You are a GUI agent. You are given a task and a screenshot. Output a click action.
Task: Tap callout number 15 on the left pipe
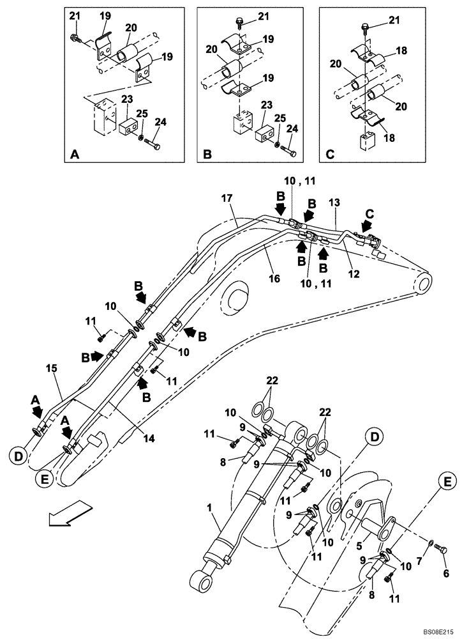[x=50, y=368]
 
